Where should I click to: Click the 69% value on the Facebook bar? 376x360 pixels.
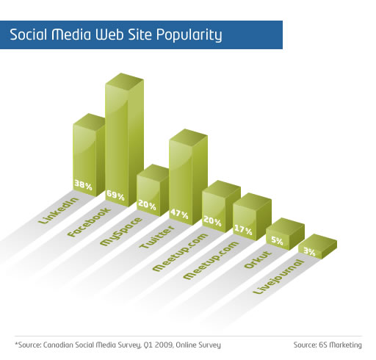point(115,195)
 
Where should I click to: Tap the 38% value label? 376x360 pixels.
point(83,185)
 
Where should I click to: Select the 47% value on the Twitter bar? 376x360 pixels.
point(179,214)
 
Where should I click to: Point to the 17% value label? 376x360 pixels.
point(243,229)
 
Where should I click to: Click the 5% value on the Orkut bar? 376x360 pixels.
point(277,240)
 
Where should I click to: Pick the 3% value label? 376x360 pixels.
point(309,251)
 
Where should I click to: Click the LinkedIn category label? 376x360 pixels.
point(59,210)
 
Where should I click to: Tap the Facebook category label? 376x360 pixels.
point(89,222)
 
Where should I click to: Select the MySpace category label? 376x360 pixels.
point(121,231)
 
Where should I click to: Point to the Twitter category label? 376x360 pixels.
point(157,237)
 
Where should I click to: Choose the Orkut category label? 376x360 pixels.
point(258,259)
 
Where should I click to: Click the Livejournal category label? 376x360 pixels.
point(278,277)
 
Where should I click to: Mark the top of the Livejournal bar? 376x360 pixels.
point(318,240)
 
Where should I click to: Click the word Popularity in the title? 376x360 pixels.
point(189,35)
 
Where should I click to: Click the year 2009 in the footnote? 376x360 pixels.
point(164,345)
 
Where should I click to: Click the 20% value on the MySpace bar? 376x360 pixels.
point(147,205)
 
